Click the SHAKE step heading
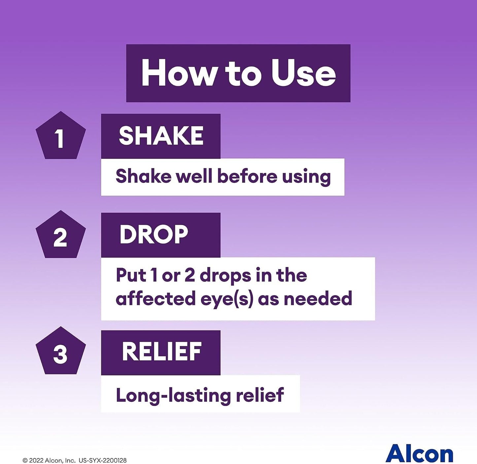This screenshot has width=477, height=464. pyautogui.click(x=161, y=136)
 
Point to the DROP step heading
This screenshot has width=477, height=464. pyautogui.click(x=154, y=235)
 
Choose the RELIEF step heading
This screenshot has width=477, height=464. pyautogui.click(x=162, y=351)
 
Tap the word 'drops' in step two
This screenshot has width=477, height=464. pyautogui.click(x=225, y=276)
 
